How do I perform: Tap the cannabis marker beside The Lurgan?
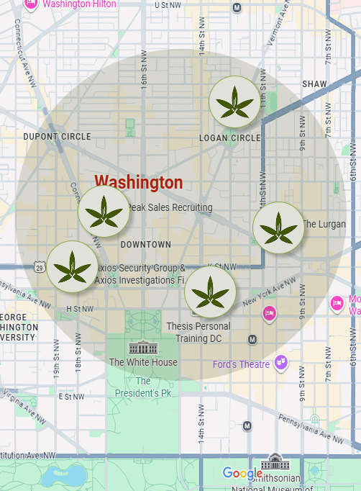(x=278, y=228)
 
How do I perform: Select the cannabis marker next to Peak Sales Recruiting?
(x=104, y=212)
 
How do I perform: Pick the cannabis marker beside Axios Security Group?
(x=73, y=266)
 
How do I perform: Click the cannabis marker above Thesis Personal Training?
(x=210, y=292)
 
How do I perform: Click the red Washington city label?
(x=139, y=182)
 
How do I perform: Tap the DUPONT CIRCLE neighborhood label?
(x=58, y=137)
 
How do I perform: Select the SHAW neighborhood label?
(x=314, y=84)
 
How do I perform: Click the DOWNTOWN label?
(x=146, y=245)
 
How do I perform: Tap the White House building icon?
(x=142, y=348)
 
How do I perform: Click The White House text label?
(x=143, y=362)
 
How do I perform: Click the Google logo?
(x=242, y=473)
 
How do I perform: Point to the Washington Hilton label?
(x=79, y=4)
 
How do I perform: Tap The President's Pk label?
(x=143, y=387)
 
